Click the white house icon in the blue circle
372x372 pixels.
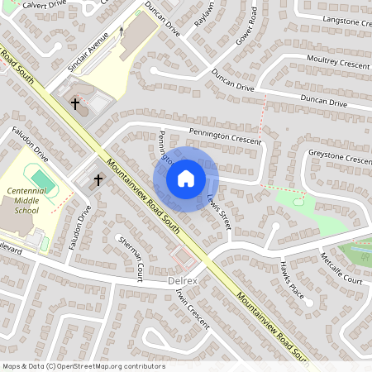pyautogui.click(x=186, y=179)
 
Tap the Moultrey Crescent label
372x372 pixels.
pyautogui.click(x=337, y=63)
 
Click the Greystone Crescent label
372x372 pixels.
pyautogui.click(x=339, y=156)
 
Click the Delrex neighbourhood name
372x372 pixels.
pyautogui.click(x=183, y=281)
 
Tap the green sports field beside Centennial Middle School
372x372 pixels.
pyautogui.click(x=38, y=176)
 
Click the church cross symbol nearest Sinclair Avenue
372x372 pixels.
pyautogui.click(x=76, y=104)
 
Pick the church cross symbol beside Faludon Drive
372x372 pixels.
pyautogui.click(x=98, y=179)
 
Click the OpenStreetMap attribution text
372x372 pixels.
pyautogui.click(x=83, y=365)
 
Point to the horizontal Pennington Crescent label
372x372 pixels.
pyautogui.click(x=224, y=132)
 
